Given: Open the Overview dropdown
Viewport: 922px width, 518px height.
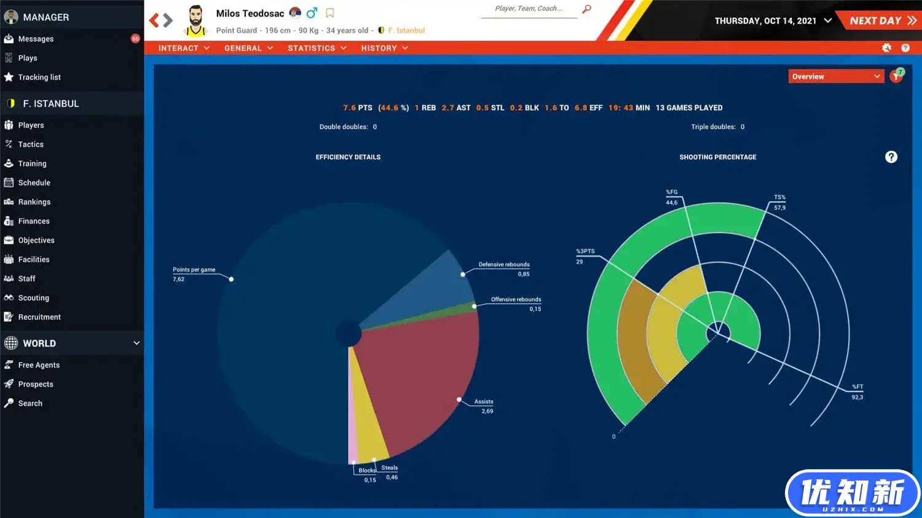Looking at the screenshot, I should [835, 76].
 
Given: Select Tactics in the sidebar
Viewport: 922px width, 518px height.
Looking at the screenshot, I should [31, 144].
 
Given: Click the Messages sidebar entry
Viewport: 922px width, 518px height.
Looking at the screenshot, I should [36, 39].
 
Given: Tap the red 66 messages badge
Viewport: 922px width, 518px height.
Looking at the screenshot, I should [135, 39].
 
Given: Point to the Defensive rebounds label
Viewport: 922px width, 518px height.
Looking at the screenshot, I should [503, 265].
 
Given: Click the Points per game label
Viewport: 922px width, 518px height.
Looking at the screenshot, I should [194, 270].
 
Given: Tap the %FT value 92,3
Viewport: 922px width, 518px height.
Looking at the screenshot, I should [857, 398].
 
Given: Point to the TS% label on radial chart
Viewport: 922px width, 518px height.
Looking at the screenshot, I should [779, 197].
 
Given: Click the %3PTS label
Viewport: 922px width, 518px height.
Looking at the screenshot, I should [585, 251].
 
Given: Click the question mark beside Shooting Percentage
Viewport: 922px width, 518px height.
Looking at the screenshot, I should [891, 157].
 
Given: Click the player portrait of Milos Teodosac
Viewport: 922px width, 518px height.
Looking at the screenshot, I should [195, 21].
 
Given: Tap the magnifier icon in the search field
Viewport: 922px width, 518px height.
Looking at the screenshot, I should [586, 9].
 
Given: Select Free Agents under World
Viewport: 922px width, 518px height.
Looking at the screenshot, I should [39, 365].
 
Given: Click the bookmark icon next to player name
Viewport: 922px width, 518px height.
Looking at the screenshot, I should [330, 13].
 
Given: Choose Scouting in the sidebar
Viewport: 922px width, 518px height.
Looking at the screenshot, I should [33, 298].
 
